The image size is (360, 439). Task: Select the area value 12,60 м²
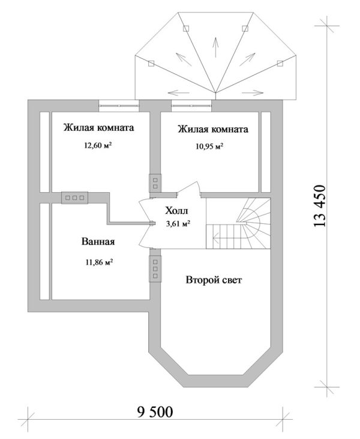99,145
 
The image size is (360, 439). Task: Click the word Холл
176,211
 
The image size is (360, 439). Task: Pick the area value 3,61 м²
178,224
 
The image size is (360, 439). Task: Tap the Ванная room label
98,242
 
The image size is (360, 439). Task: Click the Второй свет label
214,280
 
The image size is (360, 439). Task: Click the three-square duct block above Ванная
74,197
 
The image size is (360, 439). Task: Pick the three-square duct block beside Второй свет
155,268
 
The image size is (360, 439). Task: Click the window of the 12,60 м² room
120,104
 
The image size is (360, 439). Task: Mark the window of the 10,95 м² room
191,104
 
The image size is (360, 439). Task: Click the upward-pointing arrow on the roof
214,47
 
